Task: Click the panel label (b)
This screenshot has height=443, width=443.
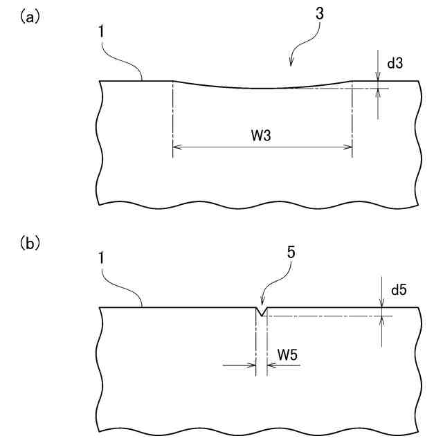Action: (28, 243)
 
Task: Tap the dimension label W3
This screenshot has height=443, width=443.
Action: (261, 135)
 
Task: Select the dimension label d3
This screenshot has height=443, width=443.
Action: (395, 64)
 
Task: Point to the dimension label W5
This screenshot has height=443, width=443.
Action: (288, 354)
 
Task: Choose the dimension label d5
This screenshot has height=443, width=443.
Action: (399, 290)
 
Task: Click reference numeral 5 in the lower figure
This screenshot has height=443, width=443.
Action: (291, 253)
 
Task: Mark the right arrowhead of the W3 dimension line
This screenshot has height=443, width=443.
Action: (347, 147)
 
